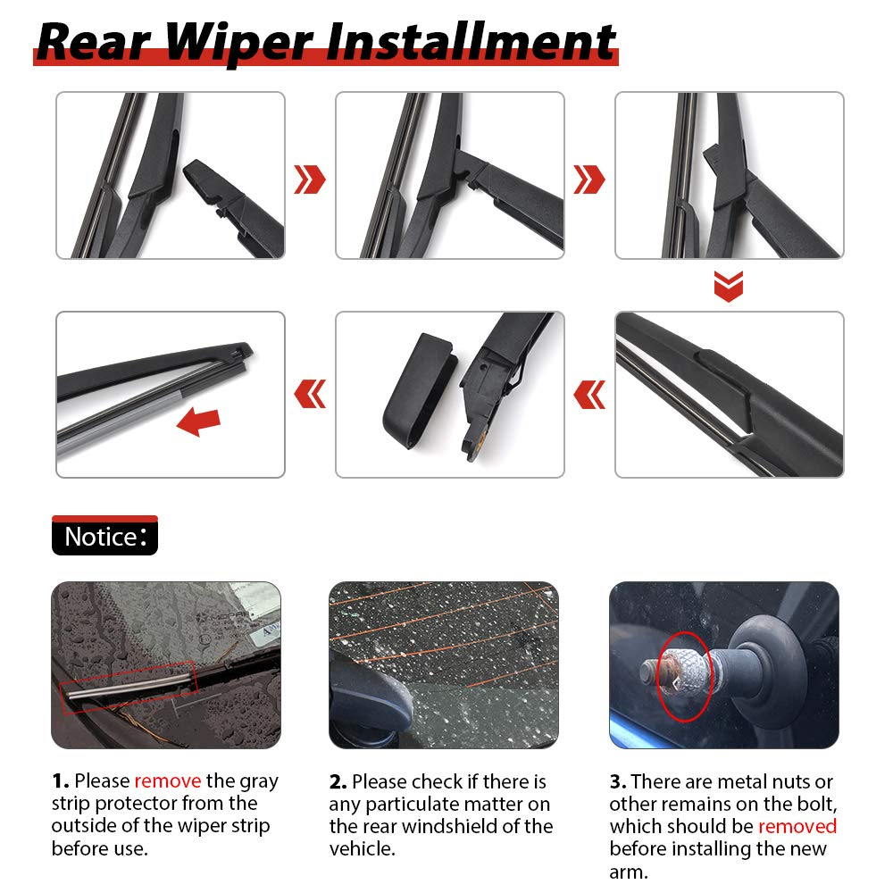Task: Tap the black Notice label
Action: point(104,535)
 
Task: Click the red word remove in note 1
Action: point(168,780)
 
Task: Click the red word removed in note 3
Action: point(797,826)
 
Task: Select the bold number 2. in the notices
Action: point(338,781)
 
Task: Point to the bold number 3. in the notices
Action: point(618,781)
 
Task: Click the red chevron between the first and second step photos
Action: point(310,179)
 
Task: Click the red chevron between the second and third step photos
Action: point(588,179)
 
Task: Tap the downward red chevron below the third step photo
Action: point(729,286)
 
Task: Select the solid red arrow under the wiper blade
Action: point(198,421)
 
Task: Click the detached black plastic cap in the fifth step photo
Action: point(420,391)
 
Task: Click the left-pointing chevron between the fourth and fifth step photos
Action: point(588,395)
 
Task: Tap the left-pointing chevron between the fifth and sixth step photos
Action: point(310,394)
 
